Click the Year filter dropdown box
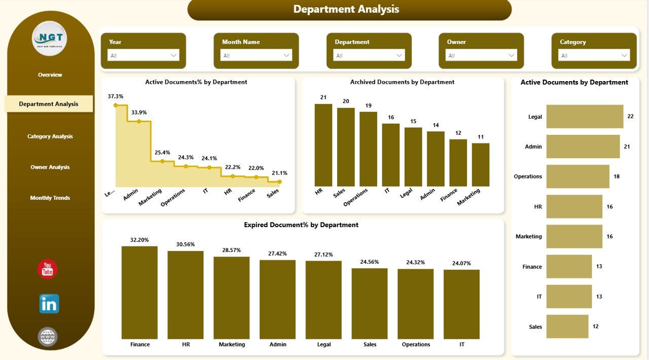coord(143,55)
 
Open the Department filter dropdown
coord(369,55)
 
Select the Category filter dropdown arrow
coord(624,55)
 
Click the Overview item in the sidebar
coord(50,75)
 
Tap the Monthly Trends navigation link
coord(50,198)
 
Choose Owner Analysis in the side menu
coord(50,167)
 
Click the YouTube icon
coord(48,269)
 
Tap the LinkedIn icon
coord(49,304)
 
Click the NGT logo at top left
coord(49,38)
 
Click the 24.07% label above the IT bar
coord(461,263)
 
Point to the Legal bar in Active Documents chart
coord(585,117)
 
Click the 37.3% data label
coord(116,96)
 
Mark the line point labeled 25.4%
coord(162,161)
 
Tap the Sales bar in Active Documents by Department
coord(567,327)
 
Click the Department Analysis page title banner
coord(349,10)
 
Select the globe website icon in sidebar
coord(48,337)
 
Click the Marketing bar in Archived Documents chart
coord(480,165)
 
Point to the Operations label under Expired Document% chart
coord(416,344)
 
